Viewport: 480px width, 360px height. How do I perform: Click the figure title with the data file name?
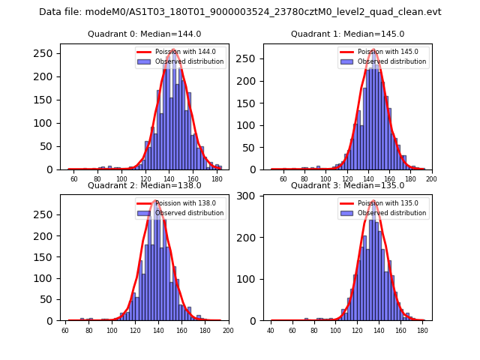click(240, 12)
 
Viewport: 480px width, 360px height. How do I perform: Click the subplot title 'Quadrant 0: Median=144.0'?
click(144, 34)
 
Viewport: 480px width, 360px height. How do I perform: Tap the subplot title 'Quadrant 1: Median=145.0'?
click(347, 34)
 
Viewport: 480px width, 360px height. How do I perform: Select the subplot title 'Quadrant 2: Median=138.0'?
click(144, 185)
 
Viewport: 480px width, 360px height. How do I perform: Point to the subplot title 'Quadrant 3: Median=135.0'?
click(347, 185)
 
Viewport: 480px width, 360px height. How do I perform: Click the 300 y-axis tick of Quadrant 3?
click(253, 196)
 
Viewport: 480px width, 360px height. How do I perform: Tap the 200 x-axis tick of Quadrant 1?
click(431, 179)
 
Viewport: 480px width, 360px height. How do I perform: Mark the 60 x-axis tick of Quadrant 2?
click(65, 330)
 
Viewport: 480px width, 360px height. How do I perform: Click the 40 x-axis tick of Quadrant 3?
click(271, 330)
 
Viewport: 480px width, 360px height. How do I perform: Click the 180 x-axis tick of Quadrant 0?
click(217, 179)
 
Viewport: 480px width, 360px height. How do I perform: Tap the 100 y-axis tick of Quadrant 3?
click(253, 279)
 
